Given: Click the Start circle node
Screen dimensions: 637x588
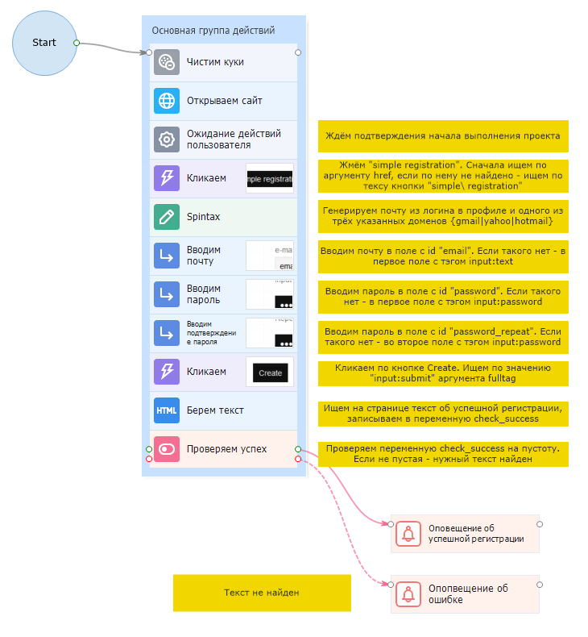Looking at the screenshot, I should coord(44,43).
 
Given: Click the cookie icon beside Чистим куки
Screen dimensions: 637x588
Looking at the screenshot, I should coord(167,62).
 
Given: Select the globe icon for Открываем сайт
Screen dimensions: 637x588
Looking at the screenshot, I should coord(167,101).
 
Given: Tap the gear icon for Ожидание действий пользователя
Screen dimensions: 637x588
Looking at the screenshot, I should coord(167,139).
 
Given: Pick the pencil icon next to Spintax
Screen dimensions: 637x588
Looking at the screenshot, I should coord(167,217).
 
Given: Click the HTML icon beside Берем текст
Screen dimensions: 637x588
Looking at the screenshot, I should coord(167,410).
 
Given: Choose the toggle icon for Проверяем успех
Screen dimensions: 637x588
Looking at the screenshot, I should coord(167,449).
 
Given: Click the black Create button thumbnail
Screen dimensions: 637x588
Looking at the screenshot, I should coord(270,373).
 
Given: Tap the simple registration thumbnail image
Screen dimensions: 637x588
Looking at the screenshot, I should coord(270,178).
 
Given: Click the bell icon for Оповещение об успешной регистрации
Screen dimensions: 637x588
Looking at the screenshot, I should coord(408,534).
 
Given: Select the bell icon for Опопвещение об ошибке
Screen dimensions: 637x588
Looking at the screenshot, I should coord(408,594).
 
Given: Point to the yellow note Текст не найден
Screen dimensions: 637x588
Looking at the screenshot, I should coord(262,593).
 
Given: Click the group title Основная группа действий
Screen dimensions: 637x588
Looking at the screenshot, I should coord(213,31).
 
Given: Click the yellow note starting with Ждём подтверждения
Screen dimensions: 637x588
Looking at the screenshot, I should coord(443,136).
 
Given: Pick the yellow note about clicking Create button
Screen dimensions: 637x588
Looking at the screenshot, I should coord(443,373).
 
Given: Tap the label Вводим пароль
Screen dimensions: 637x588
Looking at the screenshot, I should coord(204,294).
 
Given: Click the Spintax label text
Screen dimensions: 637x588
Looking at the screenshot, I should coord(203,217).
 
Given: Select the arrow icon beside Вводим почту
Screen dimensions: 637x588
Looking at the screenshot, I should coord(167,256).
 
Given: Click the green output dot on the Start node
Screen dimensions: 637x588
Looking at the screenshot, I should coord(76,42).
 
